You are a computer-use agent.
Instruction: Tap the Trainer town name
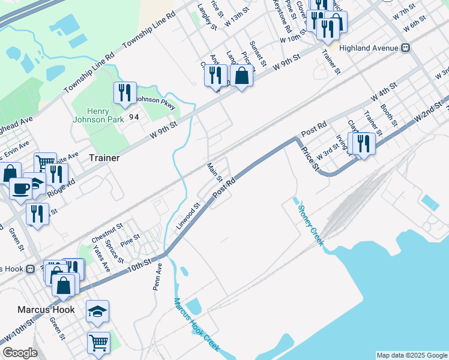click(x=104, y=158)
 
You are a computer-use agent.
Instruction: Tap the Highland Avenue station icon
click(x=406, y=47)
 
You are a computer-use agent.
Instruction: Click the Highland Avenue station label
click(x=369, y=47)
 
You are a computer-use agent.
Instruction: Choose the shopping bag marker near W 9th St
click(x=241, y=76)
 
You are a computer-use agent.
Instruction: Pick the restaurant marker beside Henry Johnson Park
click(x=125, y=92)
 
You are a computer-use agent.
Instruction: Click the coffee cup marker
click(x=20, y=188)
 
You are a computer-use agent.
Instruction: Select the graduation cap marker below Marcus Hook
click(x=97, y=311)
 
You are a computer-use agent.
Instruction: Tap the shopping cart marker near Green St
click(x=99, y=343)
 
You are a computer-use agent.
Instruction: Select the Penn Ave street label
click(x=158, y=275)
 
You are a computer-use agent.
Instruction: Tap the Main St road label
click(x=215, y=172)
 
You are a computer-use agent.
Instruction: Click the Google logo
click(x=20, y=353)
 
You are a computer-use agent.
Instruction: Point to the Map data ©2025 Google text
click(x=411, y=355)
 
